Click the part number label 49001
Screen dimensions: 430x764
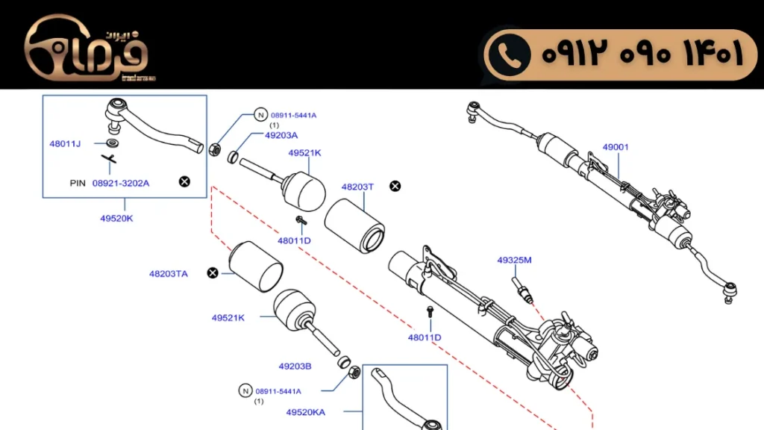pos(616,147)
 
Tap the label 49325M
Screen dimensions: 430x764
pos(514,261)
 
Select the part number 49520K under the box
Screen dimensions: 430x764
pos(116,219)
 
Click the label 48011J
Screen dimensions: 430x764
pos(65,143)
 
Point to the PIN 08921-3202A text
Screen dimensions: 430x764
pos(110,183)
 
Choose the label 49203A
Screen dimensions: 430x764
pos(281,135)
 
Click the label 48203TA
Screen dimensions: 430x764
pos(169,274)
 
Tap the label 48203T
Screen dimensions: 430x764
pos(357,187)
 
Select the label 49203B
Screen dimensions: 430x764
pos(295,367)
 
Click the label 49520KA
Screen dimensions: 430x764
pos(306,411)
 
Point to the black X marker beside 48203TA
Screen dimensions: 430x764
pos(213,273)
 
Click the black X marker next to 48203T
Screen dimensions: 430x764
pos(395,186)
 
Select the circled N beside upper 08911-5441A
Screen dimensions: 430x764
pos(260,115)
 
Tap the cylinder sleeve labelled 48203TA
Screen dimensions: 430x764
pos(255,264)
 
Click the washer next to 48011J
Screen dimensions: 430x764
pos(113,143)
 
